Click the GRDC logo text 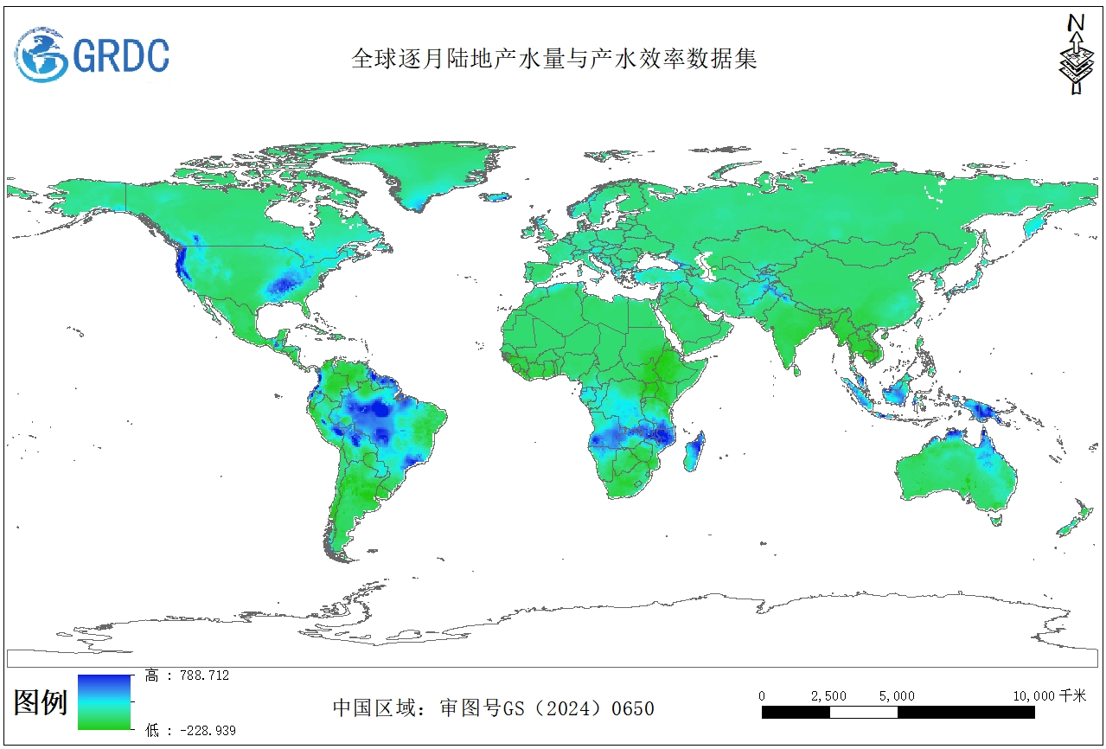[x=121, y=55]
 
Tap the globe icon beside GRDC [x=42, y=54]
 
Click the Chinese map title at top [x=553, y=59]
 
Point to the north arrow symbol [x=1075, y=54]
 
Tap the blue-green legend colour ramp [x=104, y=702]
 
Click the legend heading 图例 [x=41, y=702]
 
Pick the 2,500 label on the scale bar [x=828, y=696]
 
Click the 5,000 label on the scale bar [x=897, y=696]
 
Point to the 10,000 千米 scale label [x=1049, y=696]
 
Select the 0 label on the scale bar [x=762, y=696]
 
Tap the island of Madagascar [x=694, y=452]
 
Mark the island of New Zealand [x=1075, y=519]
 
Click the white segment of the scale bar [x=863, y=713]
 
